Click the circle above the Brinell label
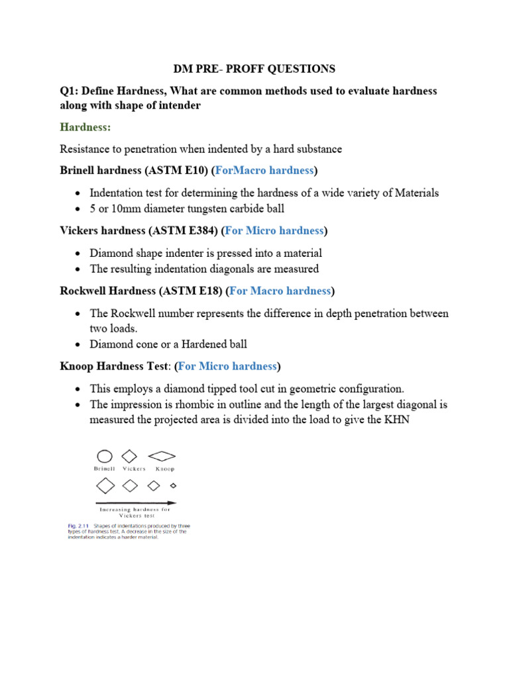point(105,456)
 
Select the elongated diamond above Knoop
point(162,456)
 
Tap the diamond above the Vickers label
point(130,456)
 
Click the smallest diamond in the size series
point(174,485)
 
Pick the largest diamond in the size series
point(105,485)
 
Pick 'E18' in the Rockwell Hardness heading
point(208,291)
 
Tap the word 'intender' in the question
point(178,107)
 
